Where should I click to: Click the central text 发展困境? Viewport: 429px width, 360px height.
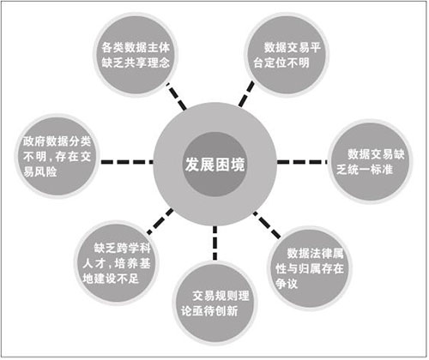point(214,165)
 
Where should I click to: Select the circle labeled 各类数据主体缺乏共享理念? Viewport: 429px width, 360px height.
point(136,54)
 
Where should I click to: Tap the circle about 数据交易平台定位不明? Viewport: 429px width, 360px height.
point(287,54)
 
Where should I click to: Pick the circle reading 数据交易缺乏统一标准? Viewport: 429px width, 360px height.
point(370,162)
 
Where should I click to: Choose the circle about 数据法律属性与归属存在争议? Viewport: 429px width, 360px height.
point(310,268)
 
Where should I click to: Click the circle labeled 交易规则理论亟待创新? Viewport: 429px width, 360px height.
point(214,303)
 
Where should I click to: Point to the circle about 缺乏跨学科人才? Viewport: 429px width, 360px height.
point(117,263)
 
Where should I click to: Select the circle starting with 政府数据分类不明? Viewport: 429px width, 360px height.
point(57,156)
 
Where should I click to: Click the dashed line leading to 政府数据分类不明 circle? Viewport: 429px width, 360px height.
point(127,162)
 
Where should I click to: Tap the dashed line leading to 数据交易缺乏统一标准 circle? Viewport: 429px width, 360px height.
point(302,162)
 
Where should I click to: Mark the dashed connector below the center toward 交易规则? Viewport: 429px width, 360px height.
point(214,243)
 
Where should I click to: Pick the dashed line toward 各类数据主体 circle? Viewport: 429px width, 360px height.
point(177,96)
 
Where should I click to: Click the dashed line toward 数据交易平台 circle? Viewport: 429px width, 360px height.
point(246,94)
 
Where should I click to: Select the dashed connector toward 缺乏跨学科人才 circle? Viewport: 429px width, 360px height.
point(160,222)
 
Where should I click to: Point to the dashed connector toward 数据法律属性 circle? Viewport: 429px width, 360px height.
point(267,225)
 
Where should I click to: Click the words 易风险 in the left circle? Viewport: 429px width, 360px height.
point(40,171)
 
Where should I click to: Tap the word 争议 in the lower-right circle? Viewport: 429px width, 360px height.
point(287,284)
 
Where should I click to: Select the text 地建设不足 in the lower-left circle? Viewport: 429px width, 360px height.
point(111,279)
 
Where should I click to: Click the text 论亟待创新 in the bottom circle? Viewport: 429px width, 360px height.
point(209,311)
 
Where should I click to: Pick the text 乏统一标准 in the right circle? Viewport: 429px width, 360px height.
point(365,170)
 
